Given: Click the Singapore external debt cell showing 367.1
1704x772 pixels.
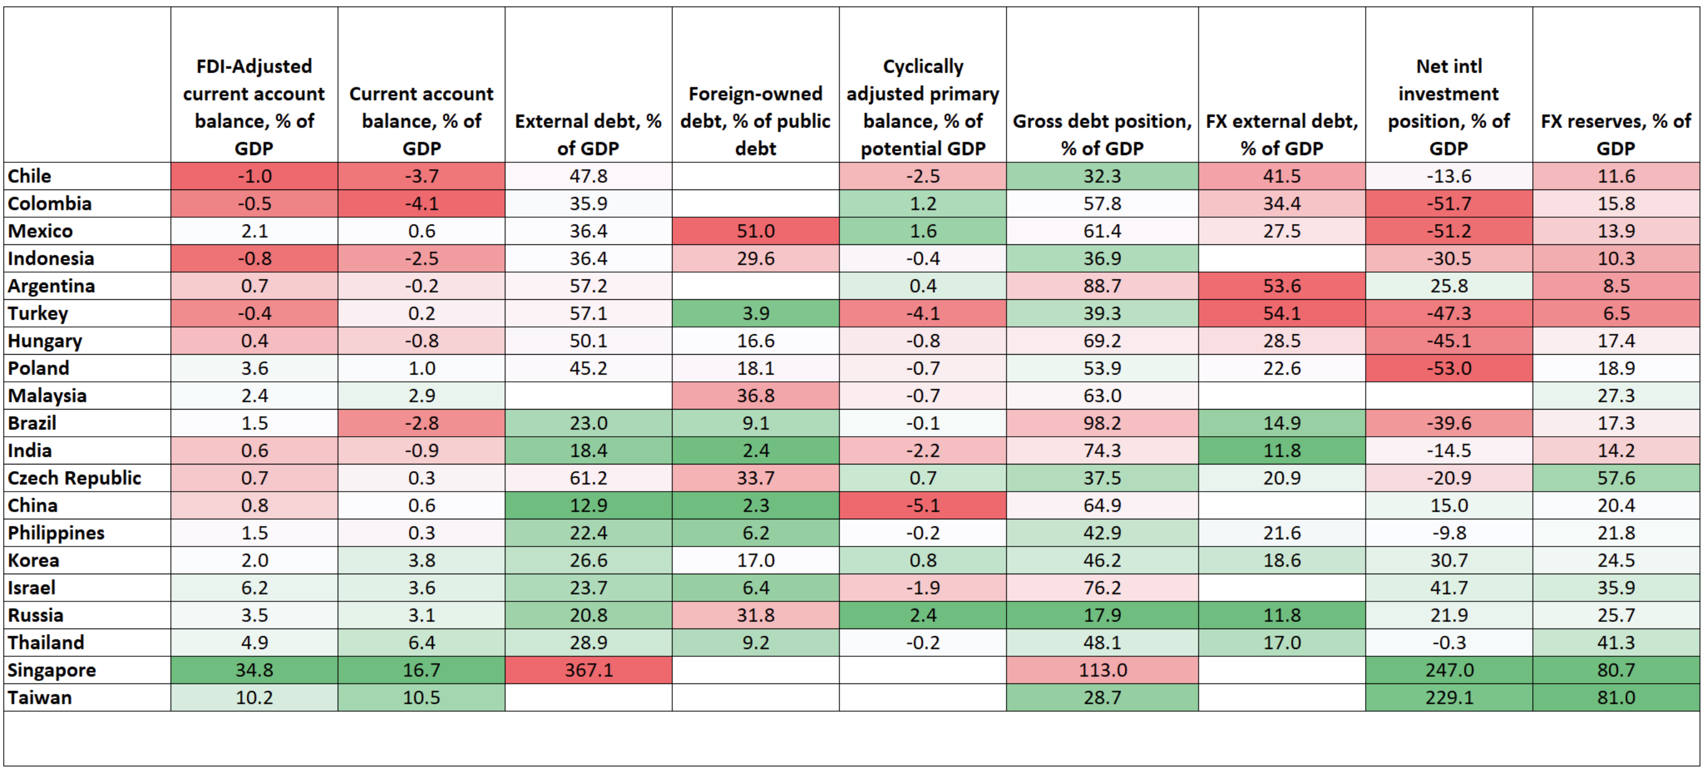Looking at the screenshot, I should coord(588,670).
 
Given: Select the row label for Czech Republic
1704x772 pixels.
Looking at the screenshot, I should coord(74,478).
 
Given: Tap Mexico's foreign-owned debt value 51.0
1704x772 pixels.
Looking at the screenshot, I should coord(756,231).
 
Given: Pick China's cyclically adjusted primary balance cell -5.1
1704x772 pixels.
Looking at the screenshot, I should coord(923,505).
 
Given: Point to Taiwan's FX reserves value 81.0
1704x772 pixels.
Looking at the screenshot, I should coord(1615,697).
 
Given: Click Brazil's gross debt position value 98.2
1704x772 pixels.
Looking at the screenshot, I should coord(1102,423).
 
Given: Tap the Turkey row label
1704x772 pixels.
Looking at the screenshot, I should coord(38,313).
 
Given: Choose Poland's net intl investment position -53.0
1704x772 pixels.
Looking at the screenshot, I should coord(1448,368).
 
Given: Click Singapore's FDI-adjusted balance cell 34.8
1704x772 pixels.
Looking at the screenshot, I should coord(254,670).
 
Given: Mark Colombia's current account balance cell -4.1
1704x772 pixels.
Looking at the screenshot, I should coord(421,203).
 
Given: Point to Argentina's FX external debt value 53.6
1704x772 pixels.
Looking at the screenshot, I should coord(1281,286).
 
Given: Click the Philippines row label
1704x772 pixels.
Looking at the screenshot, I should coord(56,533).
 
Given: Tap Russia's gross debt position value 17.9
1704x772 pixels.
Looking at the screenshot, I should coord(1102,615).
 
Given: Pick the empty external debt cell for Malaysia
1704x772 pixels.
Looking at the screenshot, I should coord(588,396).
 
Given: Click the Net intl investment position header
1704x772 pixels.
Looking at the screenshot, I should coord(1448,107).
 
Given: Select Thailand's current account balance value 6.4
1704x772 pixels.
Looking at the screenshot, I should coord(421,642).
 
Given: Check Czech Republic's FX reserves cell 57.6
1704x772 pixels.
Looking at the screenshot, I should coord(1615,478).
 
